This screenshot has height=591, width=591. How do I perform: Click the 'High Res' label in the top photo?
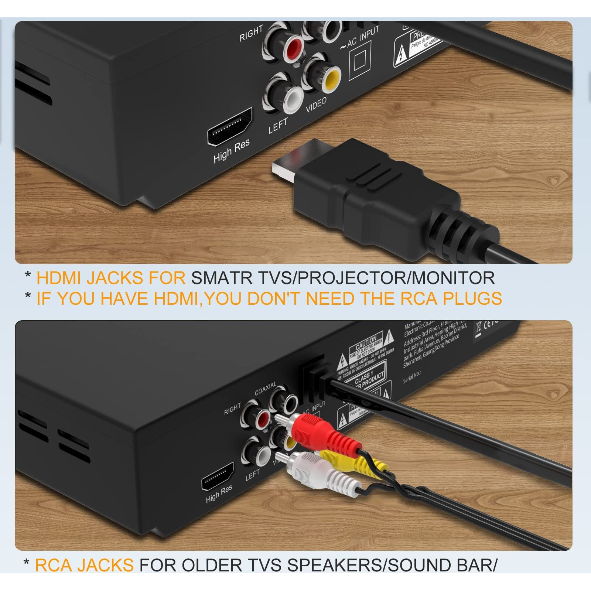tap(231, 151)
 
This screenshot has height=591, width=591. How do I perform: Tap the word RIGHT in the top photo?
tap(251, 34)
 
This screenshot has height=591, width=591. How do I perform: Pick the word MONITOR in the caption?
tap(453, 278)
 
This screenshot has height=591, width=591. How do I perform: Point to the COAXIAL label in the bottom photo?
tap(265, 389)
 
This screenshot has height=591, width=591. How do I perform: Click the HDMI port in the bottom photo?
tap(218, 476)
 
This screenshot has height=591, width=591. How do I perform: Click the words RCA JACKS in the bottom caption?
tap(84, 565)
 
